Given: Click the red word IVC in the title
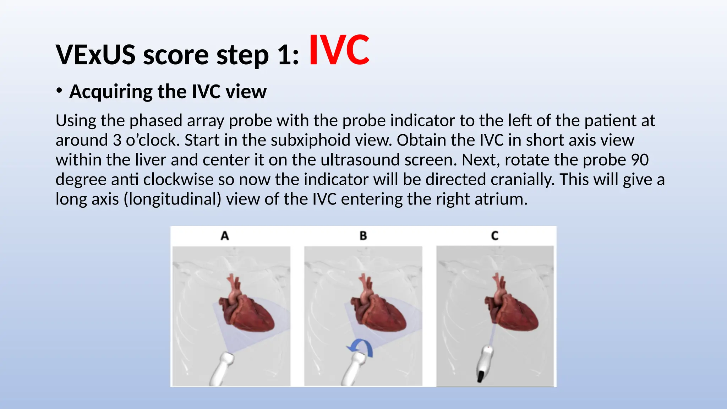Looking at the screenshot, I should click(339, 50).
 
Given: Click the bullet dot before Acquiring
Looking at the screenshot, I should click(59, 91).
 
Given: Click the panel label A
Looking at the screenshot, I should click(225, 236).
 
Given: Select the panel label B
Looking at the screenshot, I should click(363, 236).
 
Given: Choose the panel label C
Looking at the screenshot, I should click(495, 236).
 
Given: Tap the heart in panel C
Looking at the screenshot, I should click(513, 309).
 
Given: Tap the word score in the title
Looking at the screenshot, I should click(176, 55).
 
